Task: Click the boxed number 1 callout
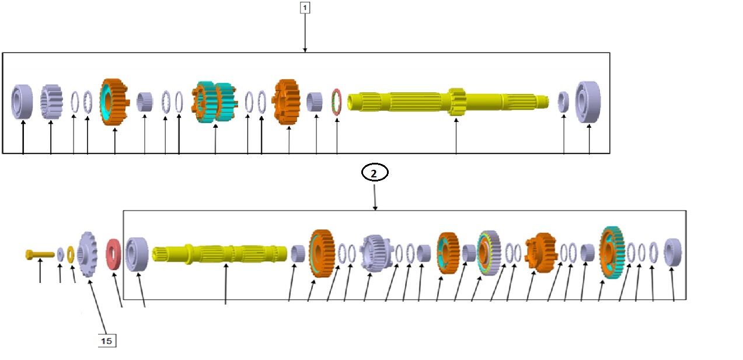pos(305,8)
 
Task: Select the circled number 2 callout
pos(374,173)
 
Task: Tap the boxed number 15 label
pos(106,341)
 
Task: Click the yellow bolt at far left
pos(39,254)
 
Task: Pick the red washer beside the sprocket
pos(113,254)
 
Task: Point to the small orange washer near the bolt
pos(71,254)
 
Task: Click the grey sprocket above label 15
pos(87,254)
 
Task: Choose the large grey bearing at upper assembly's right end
pos(588,102)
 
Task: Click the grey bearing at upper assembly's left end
pos(22,102)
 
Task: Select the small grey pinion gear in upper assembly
pos(51,102)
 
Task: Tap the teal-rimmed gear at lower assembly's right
pos(612,252)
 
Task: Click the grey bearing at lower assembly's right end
pos(673,253)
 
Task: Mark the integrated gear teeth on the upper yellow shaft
pos(456,101)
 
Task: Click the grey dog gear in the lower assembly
pos(374,252)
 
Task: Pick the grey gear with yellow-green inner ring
pos(489,252)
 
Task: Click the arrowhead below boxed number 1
pos(305,50)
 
